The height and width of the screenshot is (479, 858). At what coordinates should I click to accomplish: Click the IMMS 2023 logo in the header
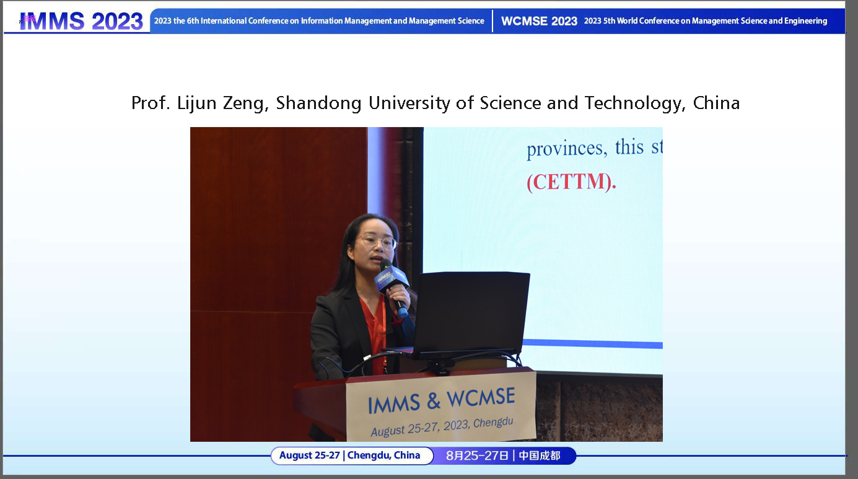tap(81, 21)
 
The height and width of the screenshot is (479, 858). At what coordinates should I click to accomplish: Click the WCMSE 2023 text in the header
tap(539, 21)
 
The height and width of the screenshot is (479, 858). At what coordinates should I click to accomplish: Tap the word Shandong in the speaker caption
tap(318, 103)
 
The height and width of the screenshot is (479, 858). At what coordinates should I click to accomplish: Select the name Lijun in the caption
tap(197, 103)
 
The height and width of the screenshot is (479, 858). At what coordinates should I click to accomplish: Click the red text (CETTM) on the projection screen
tap(571, 183)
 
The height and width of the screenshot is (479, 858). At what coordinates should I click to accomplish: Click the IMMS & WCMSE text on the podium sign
tap(441, 401)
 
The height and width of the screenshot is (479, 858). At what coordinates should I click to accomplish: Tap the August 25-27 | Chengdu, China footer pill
tap(350, 455)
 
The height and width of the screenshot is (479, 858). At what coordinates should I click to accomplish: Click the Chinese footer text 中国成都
tap(539, 455)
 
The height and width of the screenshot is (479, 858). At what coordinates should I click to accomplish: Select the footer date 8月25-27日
tap(477, 455)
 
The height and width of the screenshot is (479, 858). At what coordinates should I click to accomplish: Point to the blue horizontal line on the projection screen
tap(592, 343)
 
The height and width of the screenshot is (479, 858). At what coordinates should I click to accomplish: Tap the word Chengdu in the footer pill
tap(369, 455)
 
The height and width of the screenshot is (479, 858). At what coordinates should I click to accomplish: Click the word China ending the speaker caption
tap(716, 103)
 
